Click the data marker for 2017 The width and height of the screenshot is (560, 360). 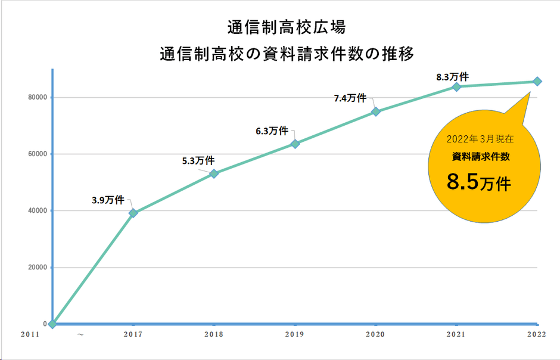coord(133,213)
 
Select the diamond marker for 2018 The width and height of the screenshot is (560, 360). coord(214,173)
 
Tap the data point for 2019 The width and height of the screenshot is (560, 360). coord(295,144)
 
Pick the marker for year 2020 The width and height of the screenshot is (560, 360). coord(376,111)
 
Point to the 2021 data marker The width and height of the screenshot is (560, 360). coord(457,86)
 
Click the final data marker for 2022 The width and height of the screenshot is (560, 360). coord(537,81)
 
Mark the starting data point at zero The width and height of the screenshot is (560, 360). coord(52,324)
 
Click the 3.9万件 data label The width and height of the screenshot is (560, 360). coord(107,200)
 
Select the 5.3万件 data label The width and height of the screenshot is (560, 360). coord(198,160)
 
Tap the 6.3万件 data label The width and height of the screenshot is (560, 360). coord(272,131)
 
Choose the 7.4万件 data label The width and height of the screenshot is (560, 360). coord(350,98)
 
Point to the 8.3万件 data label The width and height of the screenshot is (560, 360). coord(452,77)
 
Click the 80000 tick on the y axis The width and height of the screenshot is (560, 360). coord(37,97)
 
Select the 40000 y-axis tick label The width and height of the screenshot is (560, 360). coord(37,210)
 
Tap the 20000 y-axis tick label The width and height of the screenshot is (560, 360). coord(37,267)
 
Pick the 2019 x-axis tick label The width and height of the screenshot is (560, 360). coord(295,335)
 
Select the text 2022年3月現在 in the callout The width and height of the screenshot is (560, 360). coord(480,138)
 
